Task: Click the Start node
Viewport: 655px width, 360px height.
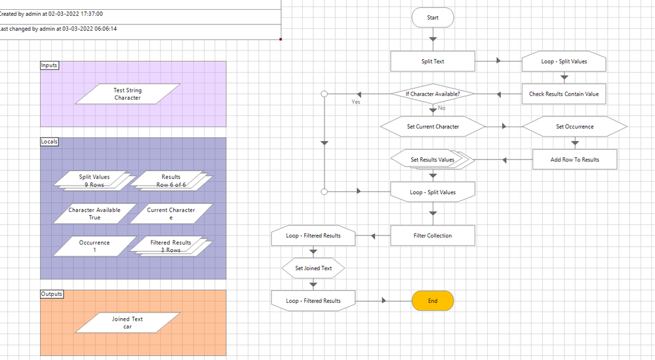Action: pyautogui.click(x=433, y=18)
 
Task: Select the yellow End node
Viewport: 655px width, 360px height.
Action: pyautogui.click(x=433, y=301)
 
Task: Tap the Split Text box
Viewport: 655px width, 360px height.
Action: pyautogui.click(x=433, y=62)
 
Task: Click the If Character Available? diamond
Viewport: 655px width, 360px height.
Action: pyautogui.click(x=433, y=94)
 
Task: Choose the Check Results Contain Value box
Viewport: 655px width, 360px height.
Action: pyautogui.click(x=564, y=94)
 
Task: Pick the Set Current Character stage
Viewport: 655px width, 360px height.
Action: pyautogui.click(x=433, y=127)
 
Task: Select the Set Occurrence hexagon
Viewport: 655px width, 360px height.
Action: pyautogui.click(x=574, y=127)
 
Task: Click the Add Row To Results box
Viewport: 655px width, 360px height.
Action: pyautogui.click(x=574, y=159)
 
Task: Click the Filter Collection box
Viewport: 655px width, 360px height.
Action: pyautogui.click(x=433, y=235)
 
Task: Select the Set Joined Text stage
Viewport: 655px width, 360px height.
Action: pyautogui.click(x=313, y=268)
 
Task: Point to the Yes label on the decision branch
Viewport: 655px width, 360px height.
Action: pyautogui.click(x=356, y=102)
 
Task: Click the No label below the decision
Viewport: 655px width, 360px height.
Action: pyautogui.click(x=441, y=108)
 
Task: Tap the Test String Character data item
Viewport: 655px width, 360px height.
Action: pyautogui.click(x=127, y=94)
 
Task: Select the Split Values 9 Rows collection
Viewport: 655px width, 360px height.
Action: pyautogui.click(x=94, y=180)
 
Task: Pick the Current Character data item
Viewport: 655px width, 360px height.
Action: pyautogui.click(x=171, y=214)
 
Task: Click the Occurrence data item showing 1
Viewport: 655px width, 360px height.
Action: pyautogui.click(x=94, y=246)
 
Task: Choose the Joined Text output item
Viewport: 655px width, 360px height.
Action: pyautogui.click(x=127, y=323)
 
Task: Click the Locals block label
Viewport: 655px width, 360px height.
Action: pyautogui.click(x=49, y=141)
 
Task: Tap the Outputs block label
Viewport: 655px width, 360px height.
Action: pyautogui.click(x=52, y=294)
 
